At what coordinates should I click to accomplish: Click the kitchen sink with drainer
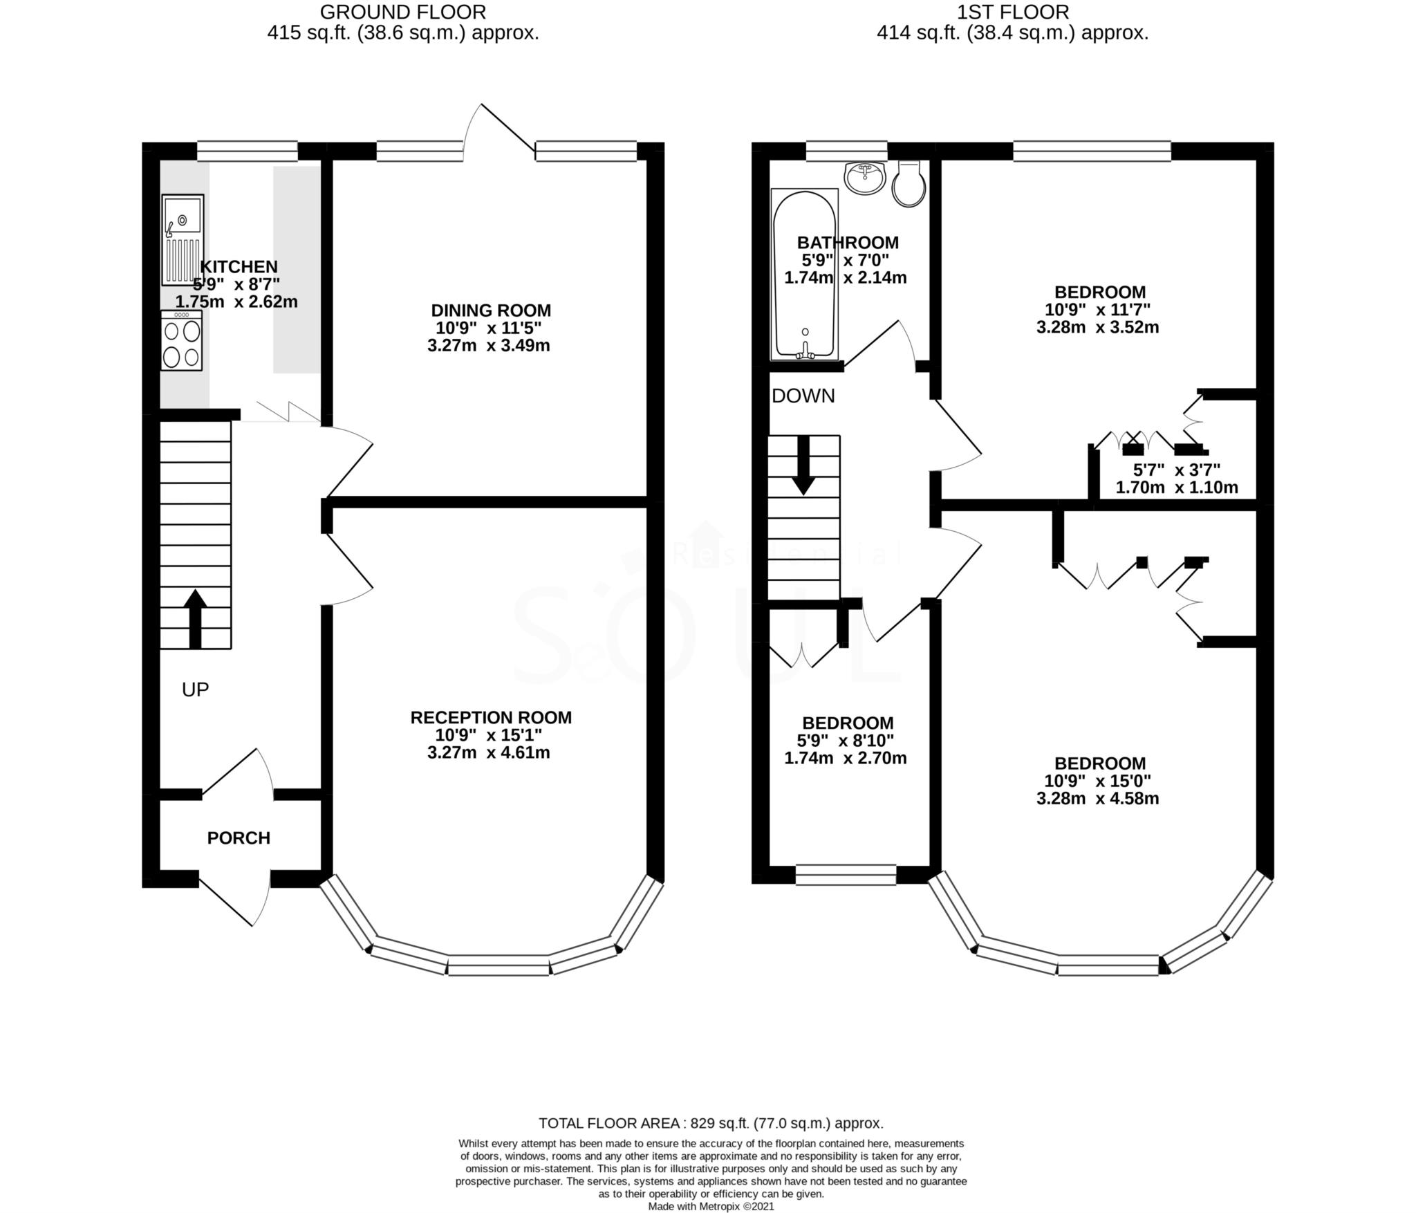point(183,239)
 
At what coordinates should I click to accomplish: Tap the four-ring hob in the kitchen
point(182,340)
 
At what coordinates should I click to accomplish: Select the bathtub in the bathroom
point(804,275)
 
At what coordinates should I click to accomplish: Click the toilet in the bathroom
point(909,184)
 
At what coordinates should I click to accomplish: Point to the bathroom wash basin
point(865,178)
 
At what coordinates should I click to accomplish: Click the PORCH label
point(239,838)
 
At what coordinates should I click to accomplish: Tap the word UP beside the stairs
point(195,689)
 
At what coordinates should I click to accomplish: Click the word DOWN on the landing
point(803,396)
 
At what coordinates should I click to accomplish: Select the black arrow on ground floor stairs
point(196,618)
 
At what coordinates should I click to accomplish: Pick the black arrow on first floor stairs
point(803,465)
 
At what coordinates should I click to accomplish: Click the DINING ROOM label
point(491,311)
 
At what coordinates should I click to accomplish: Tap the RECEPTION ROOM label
point(491,718)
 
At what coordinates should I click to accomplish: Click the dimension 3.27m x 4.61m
point(488,752)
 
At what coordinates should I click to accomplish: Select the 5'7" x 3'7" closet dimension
point(1176,470)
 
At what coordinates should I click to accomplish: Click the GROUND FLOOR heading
point(403,12)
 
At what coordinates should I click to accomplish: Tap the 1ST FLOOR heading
point(1012,12)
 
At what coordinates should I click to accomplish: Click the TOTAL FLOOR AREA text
point(711,1123)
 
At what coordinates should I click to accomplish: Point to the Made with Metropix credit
point(711,1206)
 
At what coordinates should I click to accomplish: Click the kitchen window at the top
point(247,151)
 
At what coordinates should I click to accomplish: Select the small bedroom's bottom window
point(846,875)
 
